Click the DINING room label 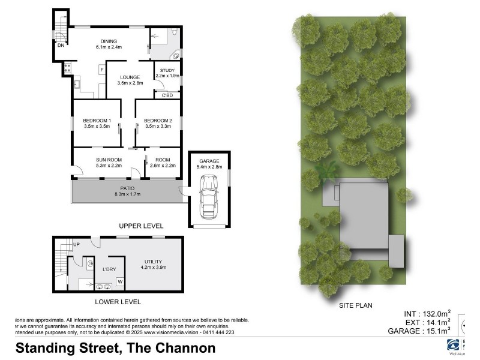point(109,41)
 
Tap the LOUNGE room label point(130,77)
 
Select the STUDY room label point(167,71)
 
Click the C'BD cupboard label point(167,95)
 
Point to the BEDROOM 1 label point(97,121)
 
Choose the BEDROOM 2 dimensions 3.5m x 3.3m point(158,127)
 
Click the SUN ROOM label point(109,160)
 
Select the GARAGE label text point(209,161)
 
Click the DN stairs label point(61,45)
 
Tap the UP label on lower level point(76,245)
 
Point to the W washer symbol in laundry point(119,281)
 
